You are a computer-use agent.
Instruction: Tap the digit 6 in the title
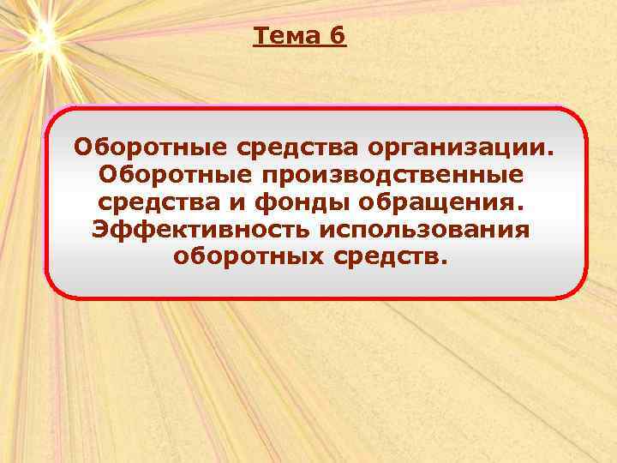pyautogui.click(x=337, y=36)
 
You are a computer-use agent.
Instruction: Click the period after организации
pyautogui.click(x=551, y=152)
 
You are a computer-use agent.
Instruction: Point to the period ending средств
pyautogui.click(x=444, y=265)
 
